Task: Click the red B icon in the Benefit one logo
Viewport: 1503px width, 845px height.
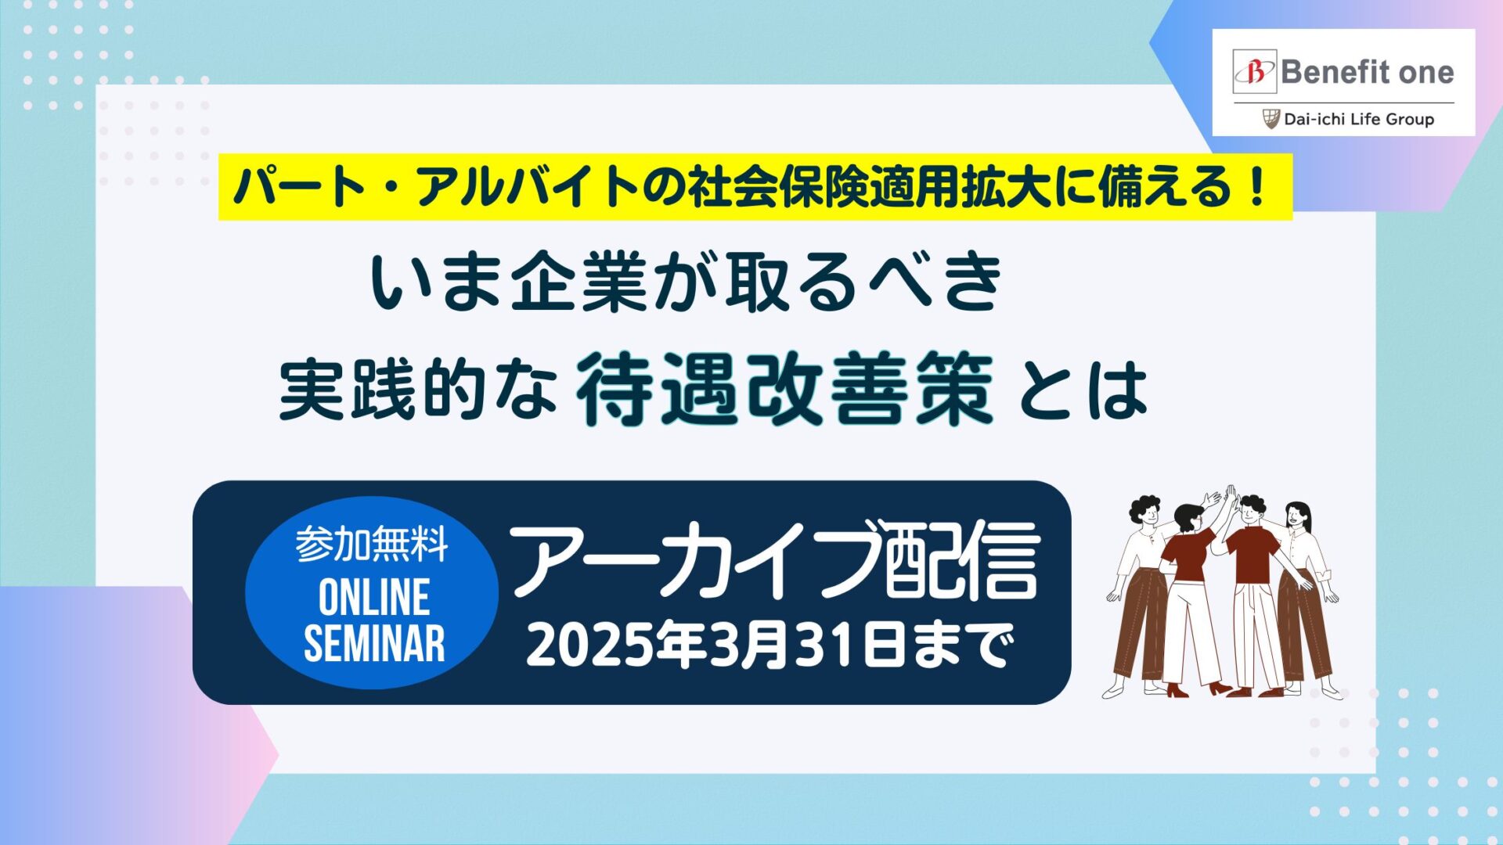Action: tap(1255, 73)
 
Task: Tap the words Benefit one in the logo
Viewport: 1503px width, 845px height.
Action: tap(1368, 73)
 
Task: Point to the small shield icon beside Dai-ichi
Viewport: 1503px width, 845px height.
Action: tap(1271, 119)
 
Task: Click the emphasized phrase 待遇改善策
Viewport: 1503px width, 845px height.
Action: tap(785, 389)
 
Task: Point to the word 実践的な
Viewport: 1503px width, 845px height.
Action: tap(418, 389)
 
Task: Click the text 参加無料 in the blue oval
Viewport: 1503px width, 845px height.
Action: tap(372, 545)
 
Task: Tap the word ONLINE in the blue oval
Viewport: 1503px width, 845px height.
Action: tap(374, 598)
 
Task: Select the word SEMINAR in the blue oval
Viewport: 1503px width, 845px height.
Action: tap(374, 643)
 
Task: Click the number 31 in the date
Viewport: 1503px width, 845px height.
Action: tap(821, 645)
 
